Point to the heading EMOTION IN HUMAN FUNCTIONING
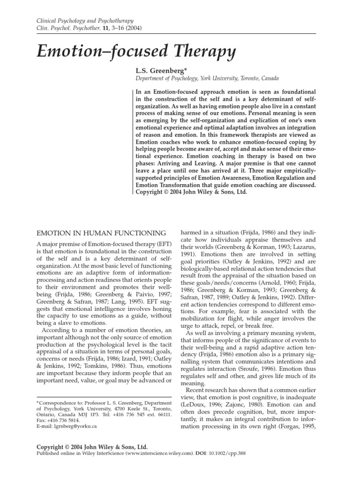101,233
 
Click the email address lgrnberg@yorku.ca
67,427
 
